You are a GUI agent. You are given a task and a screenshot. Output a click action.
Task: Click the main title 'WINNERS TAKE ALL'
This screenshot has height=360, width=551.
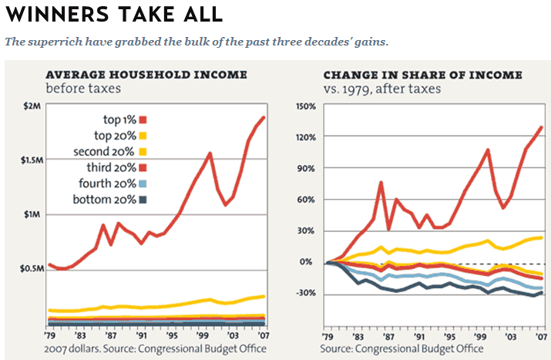(114, 14)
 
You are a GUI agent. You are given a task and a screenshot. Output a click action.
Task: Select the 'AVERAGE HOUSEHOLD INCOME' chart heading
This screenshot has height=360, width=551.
(146, 75)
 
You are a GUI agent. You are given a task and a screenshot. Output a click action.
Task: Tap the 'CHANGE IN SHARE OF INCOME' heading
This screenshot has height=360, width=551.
(423, 75)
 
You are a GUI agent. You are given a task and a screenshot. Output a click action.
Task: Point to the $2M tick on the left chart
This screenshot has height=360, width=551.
(32, 106)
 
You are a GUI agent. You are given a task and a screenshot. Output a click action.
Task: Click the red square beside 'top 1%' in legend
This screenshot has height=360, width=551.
(143, 119)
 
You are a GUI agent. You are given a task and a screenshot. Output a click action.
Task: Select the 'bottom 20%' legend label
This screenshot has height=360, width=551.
(107, 200)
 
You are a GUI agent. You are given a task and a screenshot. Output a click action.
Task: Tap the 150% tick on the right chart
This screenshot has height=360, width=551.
(306, 106)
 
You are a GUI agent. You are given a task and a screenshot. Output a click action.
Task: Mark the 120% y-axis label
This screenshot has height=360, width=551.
(306, 136)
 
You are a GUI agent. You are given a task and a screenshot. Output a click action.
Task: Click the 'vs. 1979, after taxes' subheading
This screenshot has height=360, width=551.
(382, 89)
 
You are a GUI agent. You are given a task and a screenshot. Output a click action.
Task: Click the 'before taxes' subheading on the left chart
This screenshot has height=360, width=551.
(78, 89)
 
